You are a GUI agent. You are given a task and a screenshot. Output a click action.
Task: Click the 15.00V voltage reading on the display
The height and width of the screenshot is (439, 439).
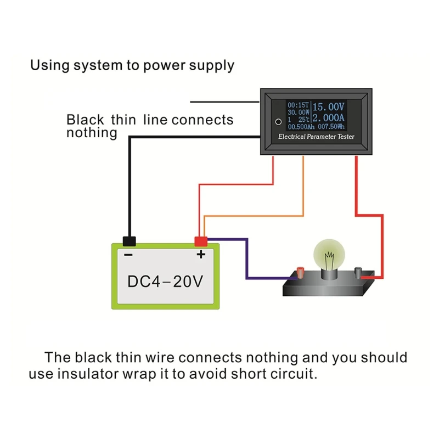coord(328,106)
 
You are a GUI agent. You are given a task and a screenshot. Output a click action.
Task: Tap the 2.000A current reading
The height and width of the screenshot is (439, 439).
coord(328,118)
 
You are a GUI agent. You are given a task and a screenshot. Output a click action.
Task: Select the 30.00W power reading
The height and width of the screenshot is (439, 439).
coord(299,111)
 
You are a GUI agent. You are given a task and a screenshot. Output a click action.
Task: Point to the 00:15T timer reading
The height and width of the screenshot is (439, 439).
coord(299,104)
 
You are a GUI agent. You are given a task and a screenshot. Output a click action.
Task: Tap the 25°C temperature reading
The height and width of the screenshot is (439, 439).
coord(303,119)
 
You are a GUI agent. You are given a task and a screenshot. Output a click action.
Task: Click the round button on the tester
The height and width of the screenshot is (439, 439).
coord(278,121)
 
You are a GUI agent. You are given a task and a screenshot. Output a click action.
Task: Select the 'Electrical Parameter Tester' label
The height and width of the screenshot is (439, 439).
coord(316,137)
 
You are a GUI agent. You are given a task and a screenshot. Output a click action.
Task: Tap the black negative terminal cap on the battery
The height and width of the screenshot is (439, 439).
coord(130,241)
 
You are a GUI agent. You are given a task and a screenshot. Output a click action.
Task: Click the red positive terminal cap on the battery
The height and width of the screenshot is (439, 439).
coord(201,241)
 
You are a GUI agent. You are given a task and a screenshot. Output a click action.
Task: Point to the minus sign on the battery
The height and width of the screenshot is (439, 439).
coord(128,255)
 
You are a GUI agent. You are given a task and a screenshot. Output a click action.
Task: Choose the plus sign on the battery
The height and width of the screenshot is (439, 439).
coord(201,254)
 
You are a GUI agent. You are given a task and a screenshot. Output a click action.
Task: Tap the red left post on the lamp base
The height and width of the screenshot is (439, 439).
coord(301,272)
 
